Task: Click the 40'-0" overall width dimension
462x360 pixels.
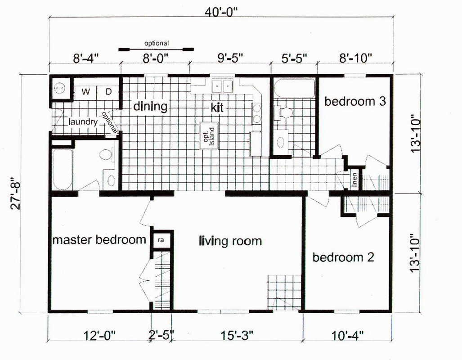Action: pos(221,13)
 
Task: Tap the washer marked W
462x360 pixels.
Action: pos(85,92)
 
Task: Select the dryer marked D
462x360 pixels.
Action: pos(108,92)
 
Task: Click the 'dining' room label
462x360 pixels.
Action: pos(150,107)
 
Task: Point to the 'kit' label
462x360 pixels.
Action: pos(217,107)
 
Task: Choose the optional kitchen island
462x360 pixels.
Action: pos(209,136)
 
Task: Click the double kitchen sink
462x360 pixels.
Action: pos(223,86)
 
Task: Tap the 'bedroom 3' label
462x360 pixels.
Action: pos(355,101)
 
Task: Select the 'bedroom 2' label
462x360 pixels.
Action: pos(343,257)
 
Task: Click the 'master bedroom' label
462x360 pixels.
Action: pos(99,239)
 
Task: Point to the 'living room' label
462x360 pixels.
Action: pos(230,241)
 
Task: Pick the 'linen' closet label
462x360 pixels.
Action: pos(354,180)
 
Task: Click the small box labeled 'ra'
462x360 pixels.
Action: pos(161,240)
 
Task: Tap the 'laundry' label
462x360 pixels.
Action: pos(83,121)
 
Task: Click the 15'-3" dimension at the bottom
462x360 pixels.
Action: pos(237,335)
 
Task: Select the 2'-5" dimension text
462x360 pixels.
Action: pos(161,335)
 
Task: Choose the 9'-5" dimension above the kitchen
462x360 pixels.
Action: pos(230,58)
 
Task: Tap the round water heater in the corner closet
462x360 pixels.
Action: pos(60,88)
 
